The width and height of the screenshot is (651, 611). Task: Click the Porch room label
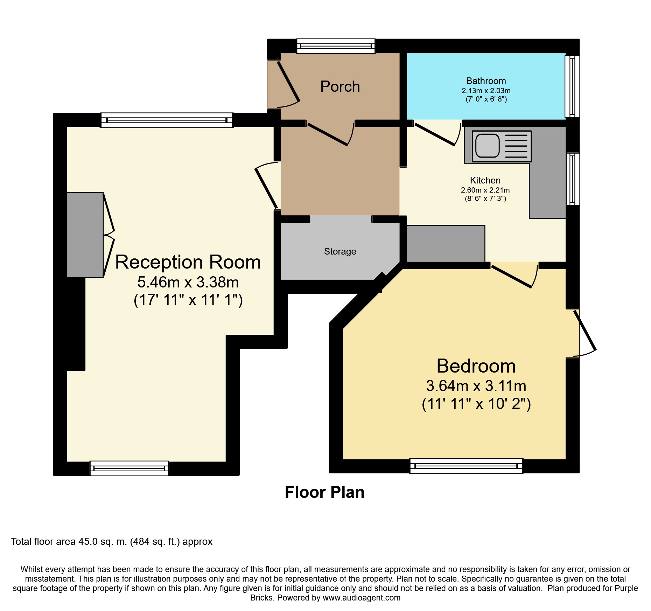pyautogui.click(x=340, y=86)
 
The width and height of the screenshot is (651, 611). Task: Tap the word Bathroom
pyautogui.click(x=486, y=81)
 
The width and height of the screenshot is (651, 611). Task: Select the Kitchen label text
pyautogui.click(x=485, y=180)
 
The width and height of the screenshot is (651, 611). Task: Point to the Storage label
pyautogui.click(x=340, y=251)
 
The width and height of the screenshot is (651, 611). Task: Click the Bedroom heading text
pyautogui.click(x=476, y=366)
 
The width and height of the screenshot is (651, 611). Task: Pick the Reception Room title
pyautogui.click(x=188, y=262)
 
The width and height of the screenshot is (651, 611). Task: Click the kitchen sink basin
pyautogui.click(x=487, y=145)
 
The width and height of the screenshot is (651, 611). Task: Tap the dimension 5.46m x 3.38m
pyautogui.click(x=188, y=282)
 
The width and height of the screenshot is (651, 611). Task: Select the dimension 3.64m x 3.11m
pyautogui.click(x=476, y=386)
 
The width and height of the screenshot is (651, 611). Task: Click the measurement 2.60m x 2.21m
pyautogui.click(x=485, y=190)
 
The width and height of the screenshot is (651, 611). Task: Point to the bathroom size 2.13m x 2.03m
pyautogui.click(x=486, y=91)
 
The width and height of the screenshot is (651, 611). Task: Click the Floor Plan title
pyautogui.click(x=324, y=492)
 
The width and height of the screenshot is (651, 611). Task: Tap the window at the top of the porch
pyautogui.click(x=336, y=46)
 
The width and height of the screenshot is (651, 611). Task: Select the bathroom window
pyautogui.click(x=572, y=86)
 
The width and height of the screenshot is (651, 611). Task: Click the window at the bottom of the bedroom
pyautogui.click(x=466, y=466)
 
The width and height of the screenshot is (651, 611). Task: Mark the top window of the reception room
pyautogui.click(x=167, y=120)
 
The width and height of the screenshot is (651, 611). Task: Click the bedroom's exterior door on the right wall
pyautogui.click(x=584, y=330)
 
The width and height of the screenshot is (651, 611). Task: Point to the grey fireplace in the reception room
pyautogui.click(x=85, y=235)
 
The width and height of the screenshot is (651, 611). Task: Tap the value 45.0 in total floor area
pyautogui.click(x=88, y=542)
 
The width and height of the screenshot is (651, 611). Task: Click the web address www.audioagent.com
pyautogui.click(x=362, y=597)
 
